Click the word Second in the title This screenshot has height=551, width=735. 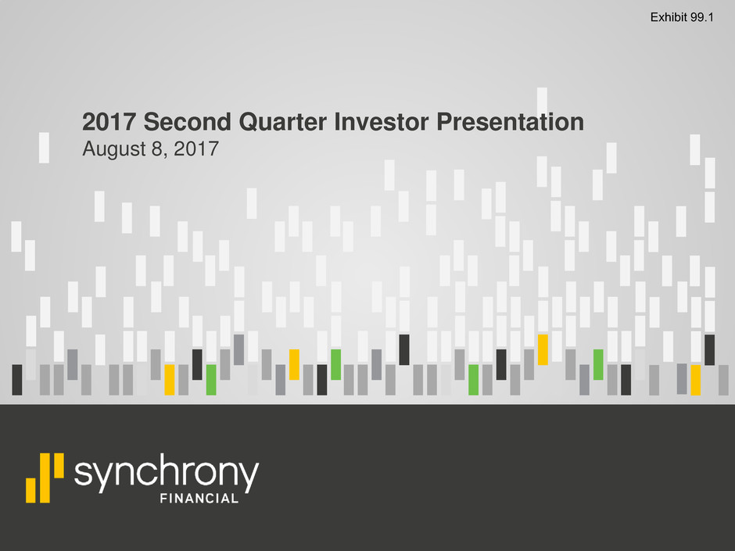click(x=188, y=122)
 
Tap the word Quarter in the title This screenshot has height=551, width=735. click(x=282, y=122)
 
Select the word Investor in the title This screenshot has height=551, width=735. click(x=382, y=122)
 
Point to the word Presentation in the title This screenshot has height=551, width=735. click(x=510, y=122)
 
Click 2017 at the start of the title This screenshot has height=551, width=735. click(x=109, y=122)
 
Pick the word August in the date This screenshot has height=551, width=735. click(x=114, y=149)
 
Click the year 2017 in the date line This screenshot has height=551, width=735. click(x=196, y=149)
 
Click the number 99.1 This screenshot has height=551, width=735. click(x=701, y=17)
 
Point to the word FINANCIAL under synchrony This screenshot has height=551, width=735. click(x=199, y=499)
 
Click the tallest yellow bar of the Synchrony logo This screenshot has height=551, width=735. click(x=45, y=478)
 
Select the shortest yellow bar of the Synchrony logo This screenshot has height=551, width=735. click(x=31, y=490)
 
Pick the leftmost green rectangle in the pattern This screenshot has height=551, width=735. click(x=211, y=380)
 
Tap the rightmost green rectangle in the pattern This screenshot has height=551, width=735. click(x=598, y=364)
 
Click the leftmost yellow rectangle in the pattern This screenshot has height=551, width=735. click(x=169, y=380)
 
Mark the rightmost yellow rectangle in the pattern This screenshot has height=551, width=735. click(x=696, y=380)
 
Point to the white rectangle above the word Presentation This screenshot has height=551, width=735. click(x=542, y=100)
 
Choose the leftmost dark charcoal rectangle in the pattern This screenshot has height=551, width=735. click(x=17, y=380)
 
